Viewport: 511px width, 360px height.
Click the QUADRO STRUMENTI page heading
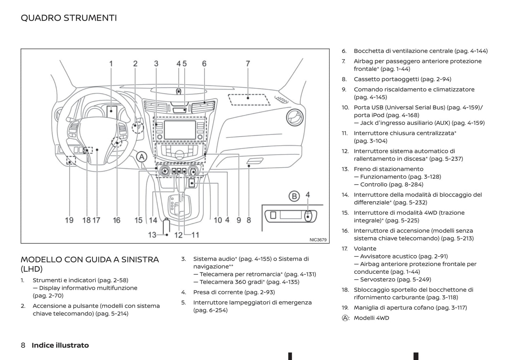69,18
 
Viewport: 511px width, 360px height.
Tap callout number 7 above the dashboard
248,64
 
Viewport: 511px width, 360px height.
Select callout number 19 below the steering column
69,220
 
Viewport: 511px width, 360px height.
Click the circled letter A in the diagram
142,157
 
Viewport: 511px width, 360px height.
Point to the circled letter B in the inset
294,196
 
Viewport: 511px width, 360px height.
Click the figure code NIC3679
318,240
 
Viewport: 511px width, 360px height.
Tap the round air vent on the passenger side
295,117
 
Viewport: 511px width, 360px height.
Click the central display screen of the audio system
180,130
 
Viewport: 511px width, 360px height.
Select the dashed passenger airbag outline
249,99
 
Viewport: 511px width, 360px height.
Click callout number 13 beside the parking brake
152,235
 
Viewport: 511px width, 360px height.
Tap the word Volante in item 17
365,249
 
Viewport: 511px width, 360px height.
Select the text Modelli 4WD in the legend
371,318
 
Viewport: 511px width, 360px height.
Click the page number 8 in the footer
23,345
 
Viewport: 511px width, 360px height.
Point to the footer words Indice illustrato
60,345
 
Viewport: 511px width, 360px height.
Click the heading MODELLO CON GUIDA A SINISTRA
90,260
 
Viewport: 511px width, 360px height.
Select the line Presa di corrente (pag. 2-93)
234,292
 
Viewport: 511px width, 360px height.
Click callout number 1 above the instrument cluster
111,64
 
